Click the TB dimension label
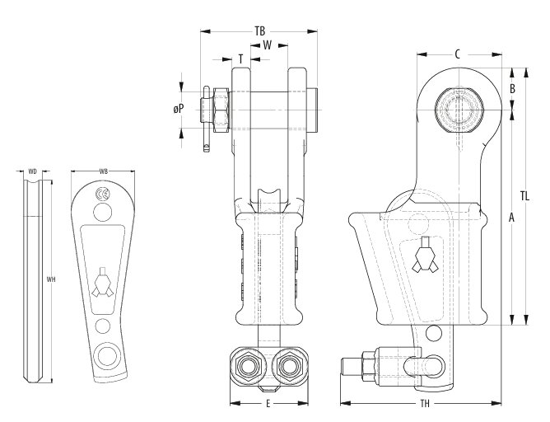point(260,30)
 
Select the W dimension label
point(268,45)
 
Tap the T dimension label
point(240,59)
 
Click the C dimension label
point(457,54)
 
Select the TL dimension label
point(524,196)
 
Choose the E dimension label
point(268,403)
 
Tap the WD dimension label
point(33,171)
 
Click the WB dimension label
point(103,171)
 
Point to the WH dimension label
point(51,279)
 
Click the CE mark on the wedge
point(102,195)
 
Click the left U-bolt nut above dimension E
point(245,363)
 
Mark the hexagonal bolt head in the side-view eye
point(459,107)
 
